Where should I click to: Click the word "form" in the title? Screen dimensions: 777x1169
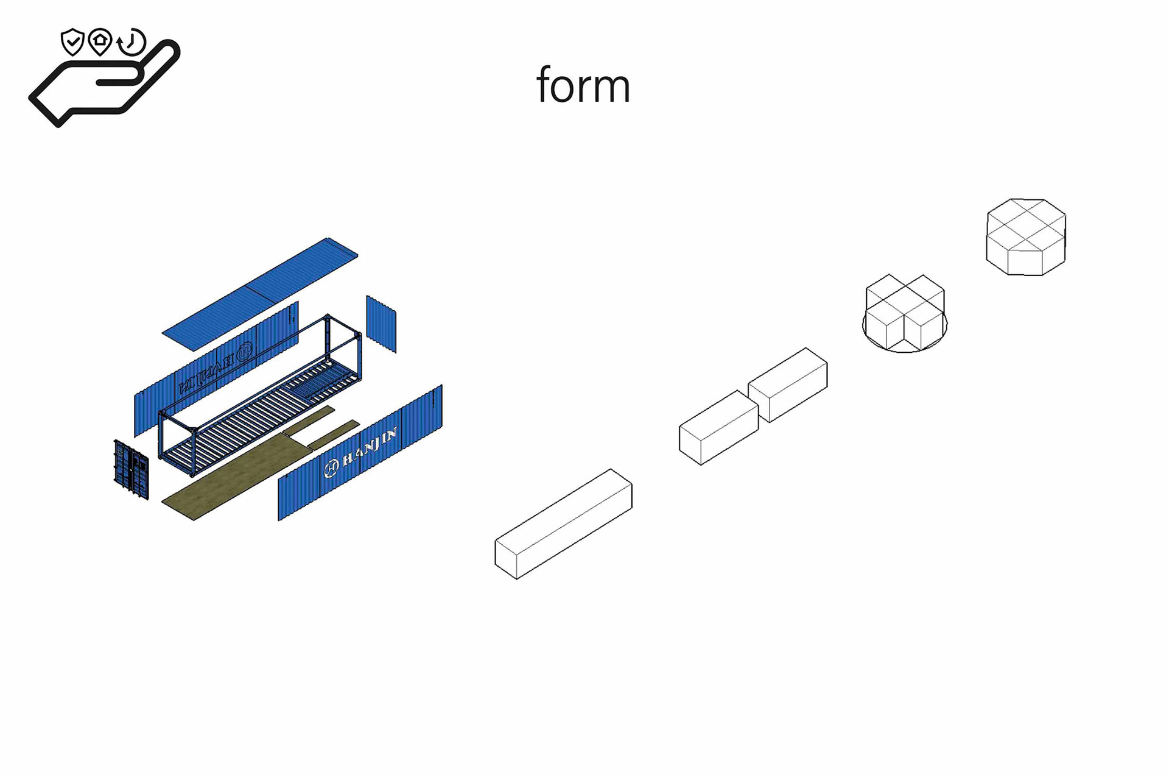583,86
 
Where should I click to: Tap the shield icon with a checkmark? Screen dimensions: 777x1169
72,41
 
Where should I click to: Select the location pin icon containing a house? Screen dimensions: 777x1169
100,41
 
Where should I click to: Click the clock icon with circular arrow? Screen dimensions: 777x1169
132,43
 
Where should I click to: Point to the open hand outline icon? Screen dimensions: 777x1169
104,85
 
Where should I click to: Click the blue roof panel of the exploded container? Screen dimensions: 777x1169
261,294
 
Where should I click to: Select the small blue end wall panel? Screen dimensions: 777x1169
381,324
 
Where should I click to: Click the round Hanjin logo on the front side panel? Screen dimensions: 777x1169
331,468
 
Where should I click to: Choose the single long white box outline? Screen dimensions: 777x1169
563,524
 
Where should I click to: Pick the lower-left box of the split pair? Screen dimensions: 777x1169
718,428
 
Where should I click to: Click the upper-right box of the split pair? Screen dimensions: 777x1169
788,385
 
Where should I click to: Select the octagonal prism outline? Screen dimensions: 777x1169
1026,236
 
